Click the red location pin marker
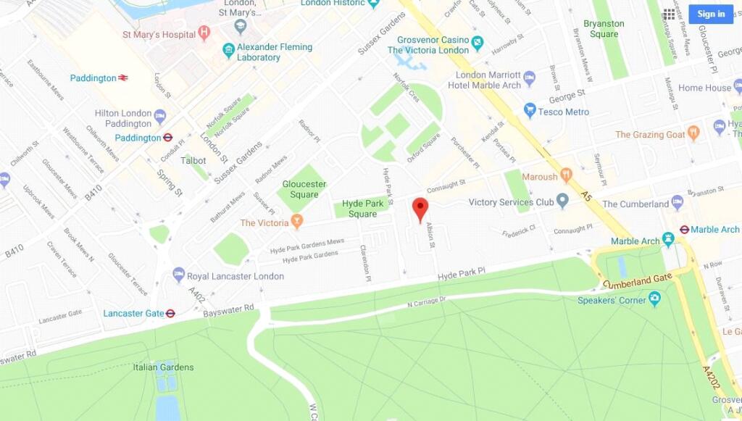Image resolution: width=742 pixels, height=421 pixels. pyautogui.click(x=420, y=208)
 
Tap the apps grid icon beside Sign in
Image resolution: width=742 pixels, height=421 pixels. pyautogui.click(x=669, y=14)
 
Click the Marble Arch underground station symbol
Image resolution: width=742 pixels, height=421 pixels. pyautogui.click(x=683, y=230)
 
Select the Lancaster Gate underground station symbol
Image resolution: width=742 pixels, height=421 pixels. pyautogui.click(x=171, y=314)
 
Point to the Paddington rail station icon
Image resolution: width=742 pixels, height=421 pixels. pyautogui.click(x=123, y=78)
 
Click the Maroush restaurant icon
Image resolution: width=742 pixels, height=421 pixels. pyautogui.click(x=567, y=176)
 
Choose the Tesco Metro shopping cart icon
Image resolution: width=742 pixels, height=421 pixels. pyautogui.click(x=530, y=112)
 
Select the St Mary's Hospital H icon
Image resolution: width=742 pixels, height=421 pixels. pyautogui.click(x=204, y=34)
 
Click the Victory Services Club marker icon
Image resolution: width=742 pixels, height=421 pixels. pyautogui.click(x=562, y=202)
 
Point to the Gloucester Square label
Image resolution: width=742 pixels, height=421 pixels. pyautogui.click(x=304, y=189)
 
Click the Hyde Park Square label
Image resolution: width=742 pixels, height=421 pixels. pyautogui.click(x=362, y=209)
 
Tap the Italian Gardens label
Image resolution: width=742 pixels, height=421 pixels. pyautogui.click(x=163, y=367)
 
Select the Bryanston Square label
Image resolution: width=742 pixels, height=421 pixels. pyautogui.click(x=604, y=29)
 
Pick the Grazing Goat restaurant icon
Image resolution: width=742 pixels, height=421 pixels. pyautogui.click(x=693, y=134)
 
